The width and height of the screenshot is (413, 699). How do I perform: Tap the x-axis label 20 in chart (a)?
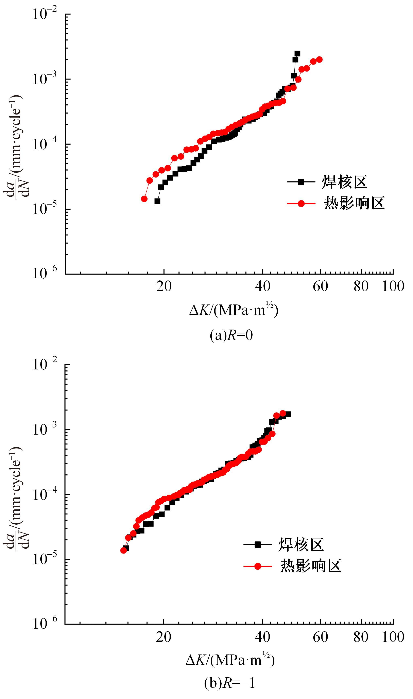[x=164, y=286]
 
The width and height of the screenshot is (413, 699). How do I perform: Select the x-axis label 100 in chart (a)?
[x=393, y=286]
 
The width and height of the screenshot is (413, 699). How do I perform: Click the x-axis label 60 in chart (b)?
[x=320, y=637]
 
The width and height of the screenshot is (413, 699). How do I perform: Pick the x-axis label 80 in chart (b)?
[x=361, y=637]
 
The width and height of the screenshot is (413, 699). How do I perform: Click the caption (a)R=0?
[x=231, y=336]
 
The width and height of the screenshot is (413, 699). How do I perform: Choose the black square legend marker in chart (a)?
[x=301, y=182]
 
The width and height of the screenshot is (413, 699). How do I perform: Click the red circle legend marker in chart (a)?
[x=301, y=203]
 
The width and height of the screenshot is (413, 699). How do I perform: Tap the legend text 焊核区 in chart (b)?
[x=301, y=545]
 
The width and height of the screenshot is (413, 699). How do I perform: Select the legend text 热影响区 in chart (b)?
[x=311, y=566]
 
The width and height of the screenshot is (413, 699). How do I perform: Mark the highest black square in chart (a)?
[x=297, y=53]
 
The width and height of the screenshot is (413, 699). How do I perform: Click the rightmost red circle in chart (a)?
[x=320, y=59]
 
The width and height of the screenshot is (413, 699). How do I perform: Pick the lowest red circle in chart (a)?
[x=144, y=199]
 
